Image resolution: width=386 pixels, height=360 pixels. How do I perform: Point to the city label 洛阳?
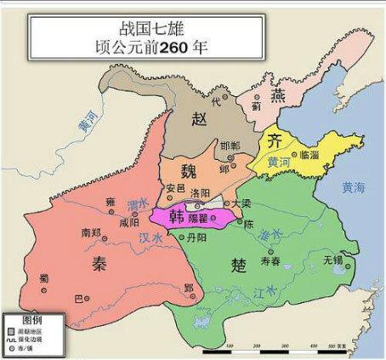(200, 193)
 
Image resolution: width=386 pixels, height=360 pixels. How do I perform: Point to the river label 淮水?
(270, 234)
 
